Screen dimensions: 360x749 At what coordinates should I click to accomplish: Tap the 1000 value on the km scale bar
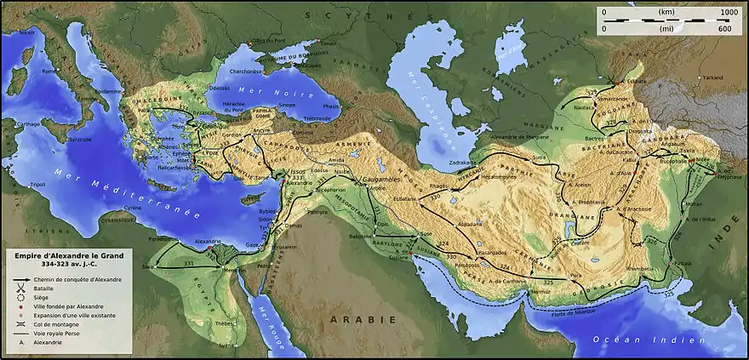click(x=729, y=13)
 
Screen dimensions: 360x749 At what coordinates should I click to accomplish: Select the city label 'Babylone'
click(x=361, y=236)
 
